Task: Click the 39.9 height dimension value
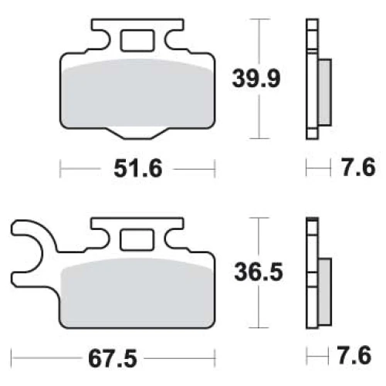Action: click(x=256, y=79)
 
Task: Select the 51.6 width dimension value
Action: click(x=138, y=168)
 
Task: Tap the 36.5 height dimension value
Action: click(x=259, y=272)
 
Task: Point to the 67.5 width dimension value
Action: click(x=113, y=359)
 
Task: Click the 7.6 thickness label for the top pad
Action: click(x=359, y=168)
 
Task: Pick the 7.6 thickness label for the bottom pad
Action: click(x=354, y=355)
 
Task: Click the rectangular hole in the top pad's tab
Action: click(x=137, y=40)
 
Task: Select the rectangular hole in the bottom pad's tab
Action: click(x=137, y=239)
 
